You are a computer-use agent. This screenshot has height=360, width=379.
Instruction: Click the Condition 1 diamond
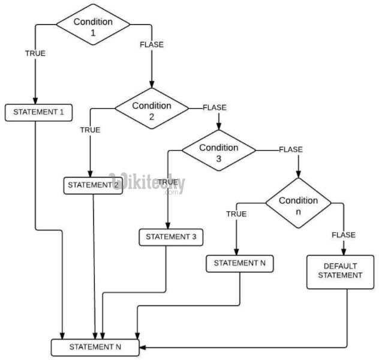pos(93,26)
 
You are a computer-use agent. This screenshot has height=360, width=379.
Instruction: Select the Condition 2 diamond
pos(152,110)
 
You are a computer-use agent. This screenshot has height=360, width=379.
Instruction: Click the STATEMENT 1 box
pos(38,112)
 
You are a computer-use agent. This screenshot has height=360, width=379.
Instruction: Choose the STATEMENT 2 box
pos(94,185)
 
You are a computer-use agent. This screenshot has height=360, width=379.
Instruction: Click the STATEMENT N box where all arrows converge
pos(96,347)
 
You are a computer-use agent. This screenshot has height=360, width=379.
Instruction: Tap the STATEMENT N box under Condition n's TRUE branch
pos(239,263)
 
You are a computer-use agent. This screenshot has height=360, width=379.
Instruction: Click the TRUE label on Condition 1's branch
pos(35,53)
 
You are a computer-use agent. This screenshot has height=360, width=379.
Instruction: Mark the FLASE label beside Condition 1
pos(151,44)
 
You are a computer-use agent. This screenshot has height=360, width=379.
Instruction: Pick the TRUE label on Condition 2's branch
pos(90,130)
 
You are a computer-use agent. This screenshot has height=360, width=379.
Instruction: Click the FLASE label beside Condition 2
pos(215,107)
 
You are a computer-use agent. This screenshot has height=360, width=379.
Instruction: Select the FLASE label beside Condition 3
pos(291,149)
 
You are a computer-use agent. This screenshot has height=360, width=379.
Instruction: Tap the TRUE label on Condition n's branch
pos(236,213)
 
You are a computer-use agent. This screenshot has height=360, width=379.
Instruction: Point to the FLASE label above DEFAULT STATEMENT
pos(344,235)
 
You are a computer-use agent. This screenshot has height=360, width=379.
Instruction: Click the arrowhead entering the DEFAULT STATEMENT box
pos(344,253)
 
